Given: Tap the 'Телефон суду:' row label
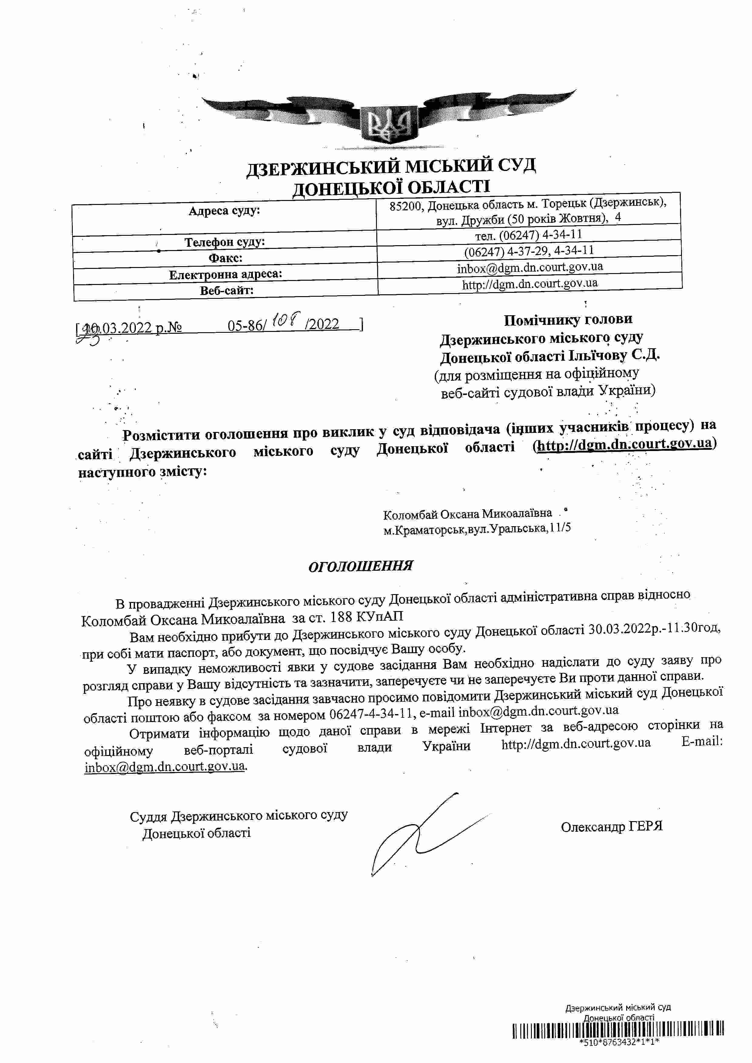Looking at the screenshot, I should tap(225, 242).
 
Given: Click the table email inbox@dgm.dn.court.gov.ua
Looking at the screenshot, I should tap(530, 267).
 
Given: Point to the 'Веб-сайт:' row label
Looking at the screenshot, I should tap(227, 291).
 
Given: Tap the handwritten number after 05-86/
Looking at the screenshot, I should tap(287, 319).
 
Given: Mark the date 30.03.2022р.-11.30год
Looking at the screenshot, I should tap(654, 629).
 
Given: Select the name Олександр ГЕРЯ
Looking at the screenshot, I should tap(611, 826).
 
